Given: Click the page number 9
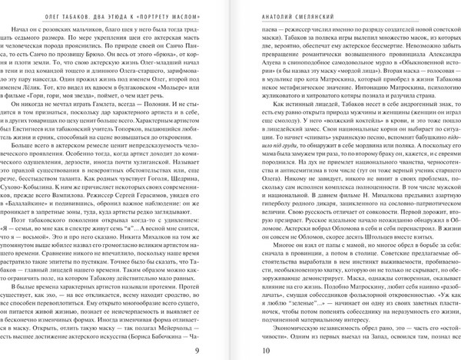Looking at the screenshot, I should point(197,350).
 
